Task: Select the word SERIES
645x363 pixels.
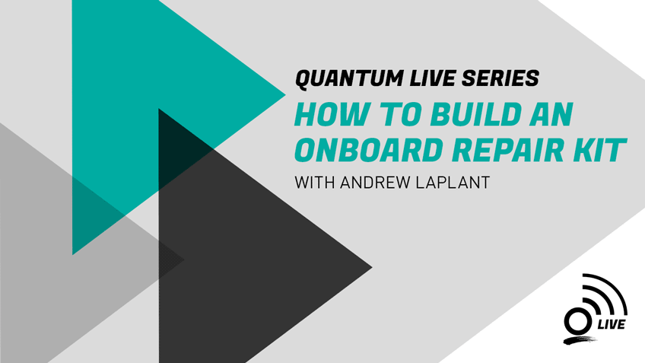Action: [x=500, y=78]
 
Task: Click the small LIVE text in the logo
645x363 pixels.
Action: [x=612, y=325]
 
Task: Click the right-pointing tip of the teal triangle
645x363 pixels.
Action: [x=285, y=95]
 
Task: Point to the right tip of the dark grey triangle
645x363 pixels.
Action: [x=372, y=268]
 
